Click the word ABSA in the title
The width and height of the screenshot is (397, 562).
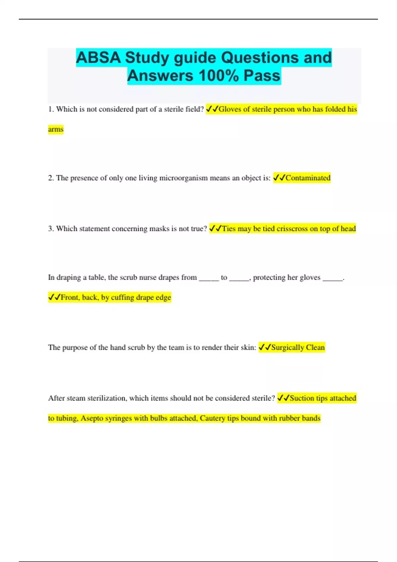tap(98, 58)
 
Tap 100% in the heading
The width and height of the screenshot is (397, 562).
tap(218, 76)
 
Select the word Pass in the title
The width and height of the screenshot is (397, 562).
tap(262, 76)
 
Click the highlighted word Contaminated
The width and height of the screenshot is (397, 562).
tap(308, 178)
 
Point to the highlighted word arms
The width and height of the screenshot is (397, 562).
tap(56, 129)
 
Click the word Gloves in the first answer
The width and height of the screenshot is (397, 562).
tap(230, 109)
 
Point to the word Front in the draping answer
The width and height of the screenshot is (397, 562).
tap(70, 297)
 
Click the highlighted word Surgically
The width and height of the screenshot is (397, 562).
tap(287, 347)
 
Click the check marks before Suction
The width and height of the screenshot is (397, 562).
tap(283, 398)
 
